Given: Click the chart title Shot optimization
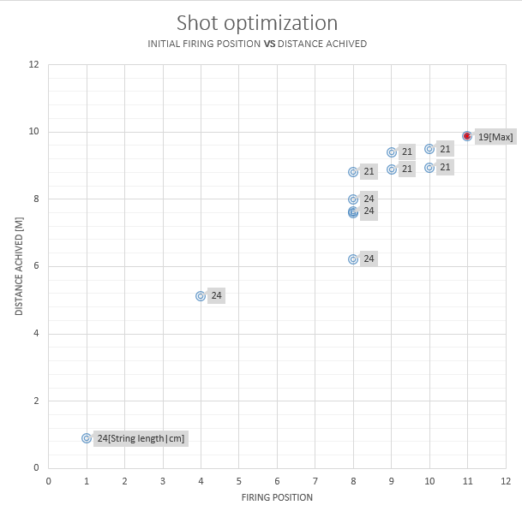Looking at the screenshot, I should point(257,22).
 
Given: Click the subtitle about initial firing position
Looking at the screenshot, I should point(257,44).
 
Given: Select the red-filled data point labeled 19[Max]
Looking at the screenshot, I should point(467,136).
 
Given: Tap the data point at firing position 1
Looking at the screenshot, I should point(87,438).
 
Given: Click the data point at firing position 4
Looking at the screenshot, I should point(201,296).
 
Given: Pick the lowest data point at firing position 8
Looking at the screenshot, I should point(353,258).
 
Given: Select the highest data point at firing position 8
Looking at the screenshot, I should point(353,172).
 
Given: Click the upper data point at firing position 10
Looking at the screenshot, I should point(429,149).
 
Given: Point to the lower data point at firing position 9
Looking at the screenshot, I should point(392,169).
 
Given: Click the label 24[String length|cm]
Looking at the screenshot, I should point(141,438).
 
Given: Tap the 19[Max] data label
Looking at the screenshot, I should point(496,137).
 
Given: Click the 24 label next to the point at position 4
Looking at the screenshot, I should point(217,296).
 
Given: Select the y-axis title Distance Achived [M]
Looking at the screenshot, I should point(19,266).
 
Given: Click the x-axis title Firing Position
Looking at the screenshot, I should point(277,497).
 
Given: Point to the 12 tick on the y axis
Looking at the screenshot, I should point(33,64).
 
